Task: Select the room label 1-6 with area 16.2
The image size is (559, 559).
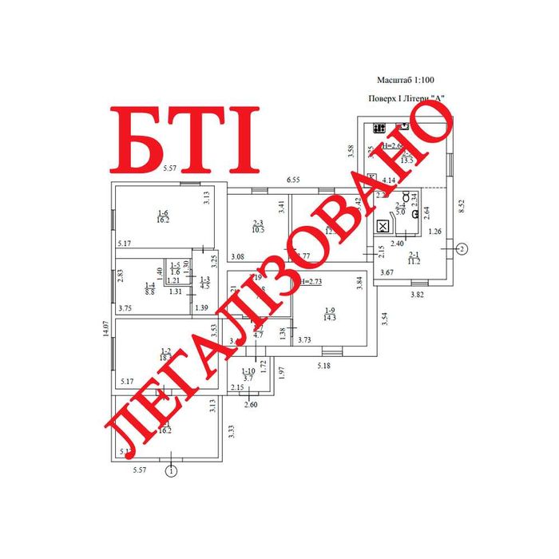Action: pos(163,216)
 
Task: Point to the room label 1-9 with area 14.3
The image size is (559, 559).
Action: pos(330,313)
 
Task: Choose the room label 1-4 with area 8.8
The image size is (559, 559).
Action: pos(149,289)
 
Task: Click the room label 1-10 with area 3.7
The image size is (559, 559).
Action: pos(248,375)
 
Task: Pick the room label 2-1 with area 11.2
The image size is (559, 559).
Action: pos(414,257)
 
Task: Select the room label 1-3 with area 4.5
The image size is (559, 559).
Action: pos(204,281)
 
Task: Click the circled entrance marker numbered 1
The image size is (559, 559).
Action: pos(171,471)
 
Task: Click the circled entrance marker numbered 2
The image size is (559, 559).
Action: pos(461,249)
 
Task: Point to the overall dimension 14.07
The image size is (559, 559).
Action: pos(104,329)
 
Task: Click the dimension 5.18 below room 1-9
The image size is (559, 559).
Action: pos(323,366)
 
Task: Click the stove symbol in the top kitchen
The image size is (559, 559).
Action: pos(379,128)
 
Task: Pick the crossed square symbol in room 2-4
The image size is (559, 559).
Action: pos(383,227)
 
